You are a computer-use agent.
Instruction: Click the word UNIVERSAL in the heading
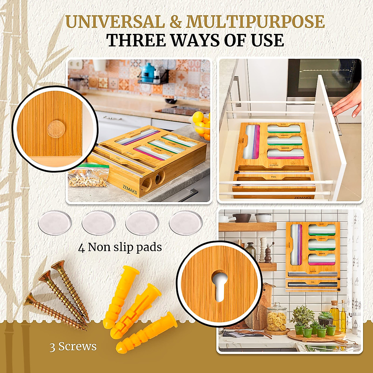point(115,22)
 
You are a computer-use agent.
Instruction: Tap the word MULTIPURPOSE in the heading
point(255,22)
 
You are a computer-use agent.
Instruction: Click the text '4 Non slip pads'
point(120,247)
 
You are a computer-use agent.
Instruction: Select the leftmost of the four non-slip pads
point(55,223)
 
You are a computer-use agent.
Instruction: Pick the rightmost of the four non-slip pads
point(186,223)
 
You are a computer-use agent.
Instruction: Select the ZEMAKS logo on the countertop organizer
point(130,189)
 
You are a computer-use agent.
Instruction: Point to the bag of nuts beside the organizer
point(89,177)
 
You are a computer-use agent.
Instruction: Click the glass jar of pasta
point(276,318)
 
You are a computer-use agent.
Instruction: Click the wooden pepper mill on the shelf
point(268,253)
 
